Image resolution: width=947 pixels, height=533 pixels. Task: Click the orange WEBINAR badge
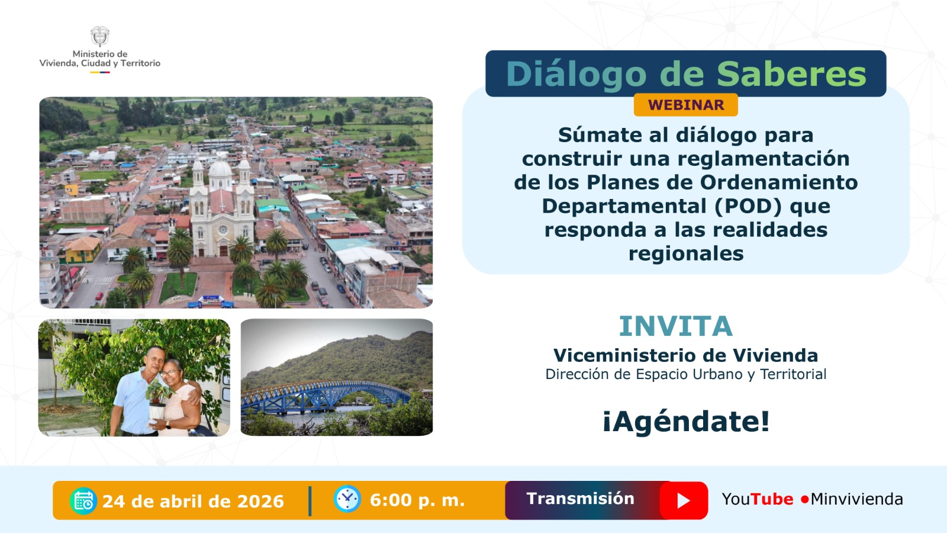pos(685,105)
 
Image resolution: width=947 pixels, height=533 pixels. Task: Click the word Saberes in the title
pos(791,74)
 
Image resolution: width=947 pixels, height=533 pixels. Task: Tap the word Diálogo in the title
pos(576,74)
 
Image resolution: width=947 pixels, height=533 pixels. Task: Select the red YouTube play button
pos(684,500)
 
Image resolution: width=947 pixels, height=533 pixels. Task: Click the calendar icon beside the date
pos(83,501)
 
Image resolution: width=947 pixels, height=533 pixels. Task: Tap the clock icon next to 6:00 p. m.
pos(347,499)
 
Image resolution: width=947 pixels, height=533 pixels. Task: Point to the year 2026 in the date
pos(260,502)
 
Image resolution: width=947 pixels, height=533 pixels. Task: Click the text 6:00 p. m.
pos(417,500)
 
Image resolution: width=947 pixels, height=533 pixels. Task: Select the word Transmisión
pos(580,499)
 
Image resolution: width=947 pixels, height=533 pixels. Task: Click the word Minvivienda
pos(856,499)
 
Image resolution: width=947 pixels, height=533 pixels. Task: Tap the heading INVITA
pos(675,326)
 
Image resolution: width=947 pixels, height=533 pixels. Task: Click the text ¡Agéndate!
pos(686,422)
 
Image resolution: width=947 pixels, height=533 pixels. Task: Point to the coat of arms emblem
pos(100,36)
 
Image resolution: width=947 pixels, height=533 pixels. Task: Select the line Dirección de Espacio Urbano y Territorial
pos(685,374)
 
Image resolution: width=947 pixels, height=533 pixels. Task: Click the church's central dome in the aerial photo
pos(221,170)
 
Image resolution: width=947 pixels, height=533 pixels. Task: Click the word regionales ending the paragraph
pos(685,253)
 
